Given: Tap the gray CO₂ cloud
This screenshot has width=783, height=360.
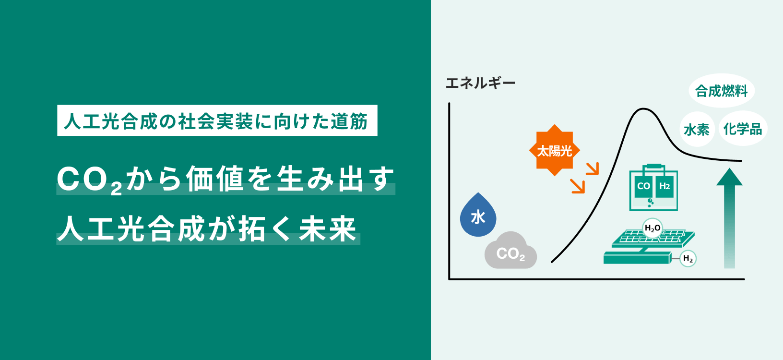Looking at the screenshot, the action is [x=510, y=251].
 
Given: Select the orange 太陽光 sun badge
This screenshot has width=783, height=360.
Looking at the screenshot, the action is [x=555, y=150].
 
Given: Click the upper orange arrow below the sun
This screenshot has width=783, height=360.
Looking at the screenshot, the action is [x=593, y=168].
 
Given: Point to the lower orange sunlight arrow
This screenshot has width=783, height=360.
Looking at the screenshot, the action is [x=578, y=186].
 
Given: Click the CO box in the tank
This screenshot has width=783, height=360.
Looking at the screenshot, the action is [x=643, y=186].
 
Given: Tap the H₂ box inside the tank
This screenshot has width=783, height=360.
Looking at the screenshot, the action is [x=664, y=186].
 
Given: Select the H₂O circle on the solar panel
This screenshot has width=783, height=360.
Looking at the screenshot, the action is [x=652, y=228].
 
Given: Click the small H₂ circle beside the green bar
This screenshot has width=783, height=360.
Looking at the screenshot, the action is [x=688, y=259].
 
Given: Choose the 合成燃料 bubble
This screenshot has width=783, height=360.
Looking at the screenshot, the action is [x=722, y=91].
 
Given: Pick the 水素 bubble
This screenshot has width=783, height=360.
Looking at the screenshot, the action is [x=697, y=130].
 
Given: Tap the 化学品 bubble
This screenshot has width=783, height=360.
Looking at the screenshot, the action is [x=742, y=128].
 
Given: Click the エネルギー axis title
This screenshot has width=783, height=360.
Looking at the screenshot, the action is [x=481, y=83].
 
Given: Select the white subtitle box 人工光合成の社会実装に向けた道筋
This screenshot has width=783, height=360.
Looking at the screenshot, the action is [x=217, y=120].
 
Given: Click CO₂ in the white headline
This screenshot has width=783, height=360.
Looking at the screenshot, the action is [x=89, y=180].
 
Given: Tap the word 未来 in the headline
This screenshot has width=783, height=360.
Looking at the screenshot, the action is [x=327, y=229].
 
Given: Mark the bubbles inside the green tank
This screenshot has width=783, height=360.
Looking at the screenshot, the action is [x=650, y=203].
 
